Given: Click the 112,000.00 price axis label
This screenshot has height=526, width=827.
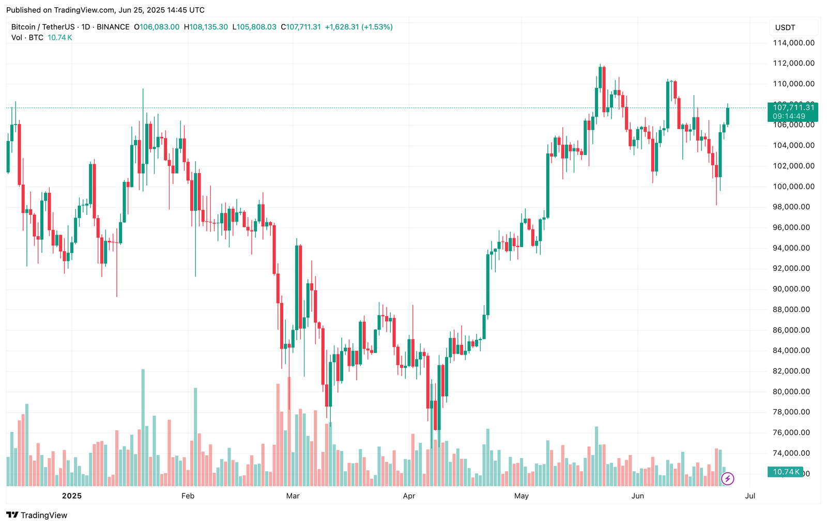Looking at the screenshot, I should point(793,63).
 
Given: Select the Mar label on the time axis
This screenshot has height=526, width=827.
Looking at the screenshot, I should point(293,496).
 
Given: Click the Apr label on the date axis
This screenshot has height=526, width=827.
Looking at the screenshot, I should point(409,496).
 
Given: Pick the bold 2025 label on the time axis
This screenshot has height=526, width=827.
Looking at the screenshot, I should point(72,496).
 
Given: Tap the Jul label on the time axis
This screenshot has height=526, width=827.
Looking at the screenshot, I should point(749,496).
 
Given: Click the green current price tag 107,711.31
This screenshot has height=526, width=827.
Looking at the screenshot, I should point(793,107).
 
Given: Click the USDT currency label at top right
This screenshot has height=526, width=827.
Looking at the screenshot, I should point(785,27).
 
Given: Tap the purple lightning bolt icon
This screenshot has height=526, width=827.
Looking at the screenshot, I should point(728,479).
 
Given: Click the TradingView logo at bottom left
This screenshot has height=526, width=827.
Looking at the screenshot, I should point(37,515).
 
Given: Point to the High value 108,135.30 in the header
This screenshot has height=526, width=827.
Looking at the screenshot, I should point(208,27).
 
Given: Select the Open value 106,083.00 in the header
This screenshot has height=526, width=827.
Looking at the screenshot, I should point(159,27).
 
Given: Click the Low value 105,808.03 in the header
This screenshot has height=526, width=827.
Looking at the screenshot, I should point(256,27).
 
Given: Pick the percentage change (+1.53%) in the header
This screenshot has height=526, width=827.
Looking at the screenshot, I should point(377,27).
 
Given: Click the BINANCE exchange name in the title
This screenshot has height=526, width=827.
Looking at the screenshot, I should point(113,27).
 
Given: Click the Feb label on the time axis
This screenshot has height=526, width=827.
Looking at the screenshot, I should point(188,496).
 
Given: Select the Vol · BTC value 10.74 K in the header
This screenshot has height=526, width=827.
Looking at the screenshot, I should point(60,38).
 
